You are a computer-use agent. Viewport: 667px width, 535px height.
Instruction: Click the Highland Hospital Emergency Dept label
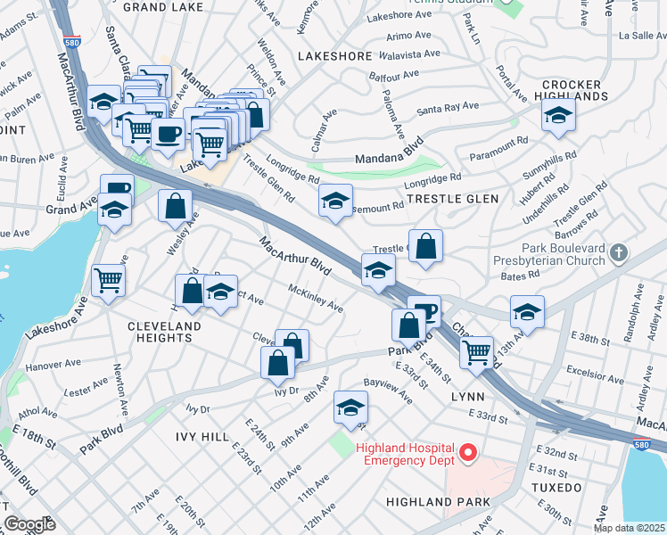pos(405,454)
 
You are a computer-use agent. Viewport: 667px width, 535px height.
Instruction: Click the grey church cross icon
pos(618,253)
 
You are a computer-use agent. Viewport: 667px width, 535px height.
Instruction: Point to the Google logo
pos(29,525)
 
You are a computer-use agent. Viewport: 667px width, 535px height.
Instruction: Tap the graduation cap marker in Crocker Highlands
pos(558,115)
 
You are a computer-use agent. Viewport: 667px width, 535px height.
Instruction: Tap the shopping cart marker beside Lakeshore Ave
pos(109,279)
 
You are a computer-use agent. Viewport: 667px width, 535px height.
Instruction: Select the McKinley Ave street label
pos(316,298)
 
